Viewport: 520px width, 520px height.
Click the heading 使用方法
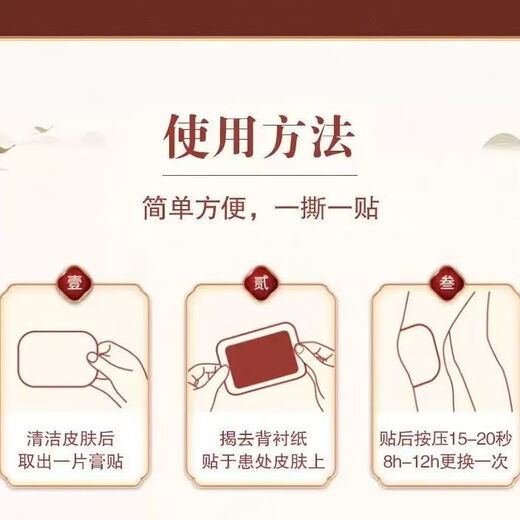(259, 137)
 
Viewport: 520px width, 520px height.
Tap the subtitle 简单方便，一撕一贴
(261, 208)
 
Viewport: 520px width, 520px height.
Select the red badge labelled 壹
(74, 283)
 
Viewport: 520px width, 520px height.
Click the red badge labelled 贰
(261, 283)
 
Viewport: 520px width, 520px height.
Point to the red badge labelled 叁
(447, 283)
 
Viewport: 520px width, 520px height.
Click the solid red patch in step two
(259, 359)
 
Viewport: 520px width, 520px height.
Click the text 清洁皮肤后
(71, 438)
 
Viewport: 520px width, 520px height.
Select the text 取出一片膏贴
(71, 462)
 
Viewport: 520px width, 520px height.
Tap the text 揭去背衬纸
(263, 438)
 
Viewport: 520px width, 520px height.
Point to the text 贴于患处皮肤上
(263, 462)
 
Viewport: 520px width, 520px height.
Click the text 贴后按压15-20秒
(445, 438)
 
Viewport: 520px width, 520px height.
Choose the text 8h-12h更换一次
(445, 462)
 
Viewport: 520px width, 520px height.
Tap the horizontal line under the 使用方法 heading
(260, 175)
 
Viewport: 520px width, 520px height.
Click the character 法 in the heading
(332, 137)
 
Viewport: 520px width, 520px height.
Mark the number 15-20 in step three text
(472, 439)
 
